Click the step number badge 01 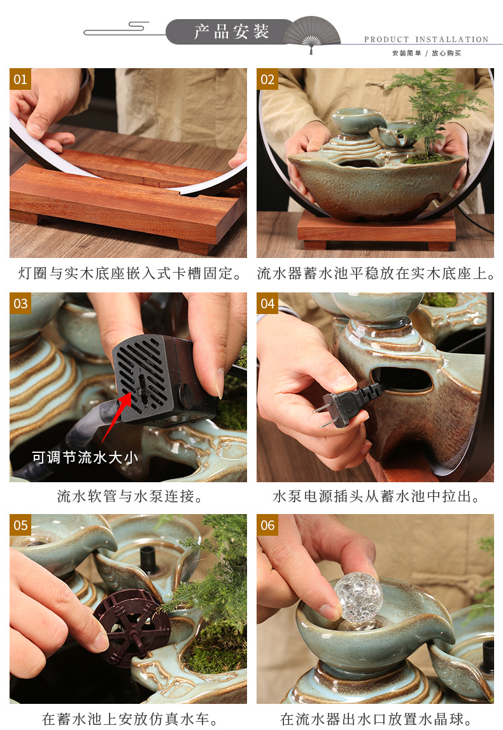pos(20,79)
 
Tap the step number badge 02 pos(267,79)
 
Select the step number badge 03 pos(20,303)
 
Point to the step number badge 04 pos(267,303)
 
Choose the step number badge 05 pos(20,525)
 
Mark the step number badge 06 pos(267,525)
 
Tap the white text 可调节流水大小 pos(85,457)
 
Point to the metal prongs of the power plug pos(325,414)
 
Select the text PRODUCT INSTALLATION pos(426,39)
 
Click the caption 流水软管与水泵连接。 pos(128,496)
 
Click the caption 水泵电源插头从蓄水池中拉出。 pos(376,496)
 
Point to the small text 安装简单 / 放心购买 pos(426,54)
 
